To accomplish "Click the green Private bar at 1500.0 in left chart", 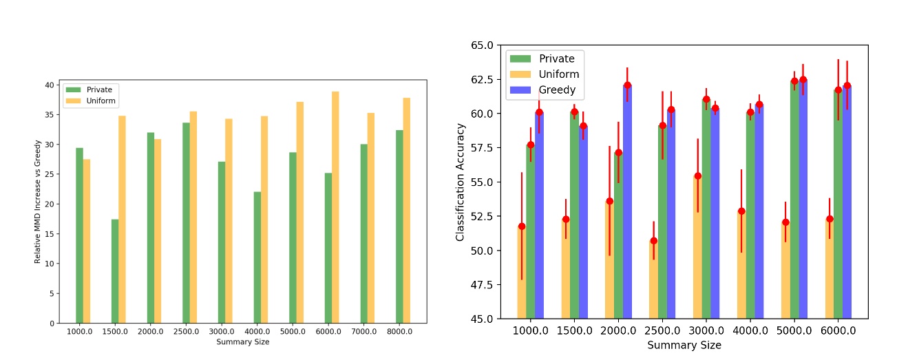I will (115, 271).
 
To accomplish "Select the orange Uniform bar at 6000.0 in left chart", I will (335, 207).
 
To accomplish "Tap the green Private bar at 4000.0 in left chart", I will (257, 257).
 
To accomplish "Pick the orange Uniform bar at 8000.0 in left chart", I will (406, 211).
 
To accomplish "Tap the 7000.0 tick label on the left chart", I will (364, 332).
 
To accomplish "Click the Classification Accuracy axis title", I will (461, 182).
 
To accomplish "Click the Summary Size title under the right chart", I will (684, 345).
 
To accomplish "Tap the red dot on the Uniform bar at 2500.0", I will (653, 241).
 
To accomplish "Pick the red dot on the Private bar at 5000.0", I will (794, 81).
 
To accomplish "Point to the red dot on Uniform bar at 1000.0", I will (522, 226).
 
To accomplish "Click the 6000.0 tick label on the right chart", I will (838, 330).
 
